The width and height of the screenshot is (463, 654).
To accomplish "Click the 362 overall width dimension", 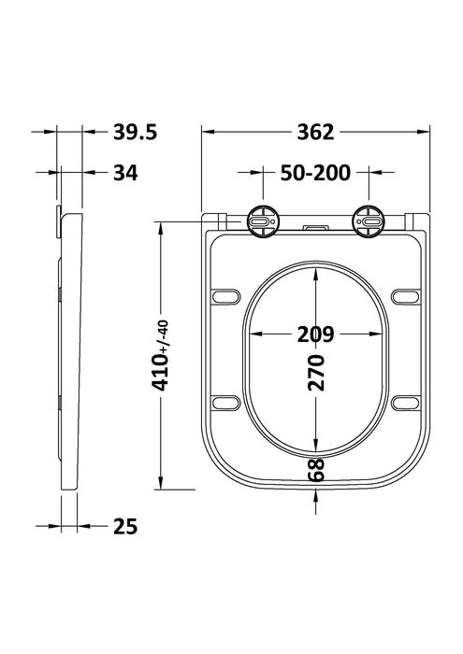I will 316,133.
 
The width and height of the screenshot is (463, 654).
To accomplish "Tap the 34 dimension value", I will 126,173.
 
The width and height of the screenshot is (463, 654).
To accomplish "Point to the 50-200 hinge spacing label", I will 315,173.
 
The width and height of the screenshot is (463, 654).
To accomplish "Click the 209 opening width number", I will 316,334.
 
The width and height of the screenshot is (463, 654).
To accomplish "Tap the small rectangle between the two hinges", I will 315,227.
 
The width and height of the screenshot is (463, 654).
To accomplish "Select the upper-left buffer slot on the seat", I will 225,296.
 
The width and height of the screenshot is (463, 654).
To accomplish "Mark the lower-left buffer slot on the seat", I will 225,403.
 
